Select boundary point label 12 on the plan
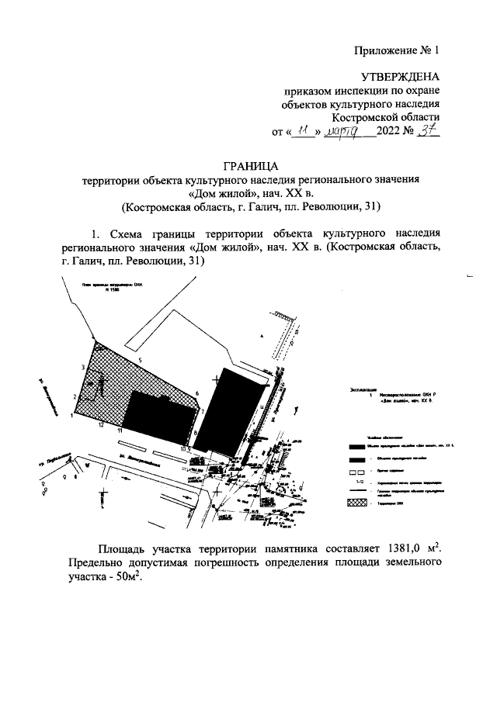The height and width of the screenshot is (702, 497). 101,425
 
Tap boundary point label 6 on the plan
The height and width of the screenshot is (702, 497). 198,393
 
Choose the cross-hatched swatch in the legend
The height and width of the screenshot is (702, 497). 356,503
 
